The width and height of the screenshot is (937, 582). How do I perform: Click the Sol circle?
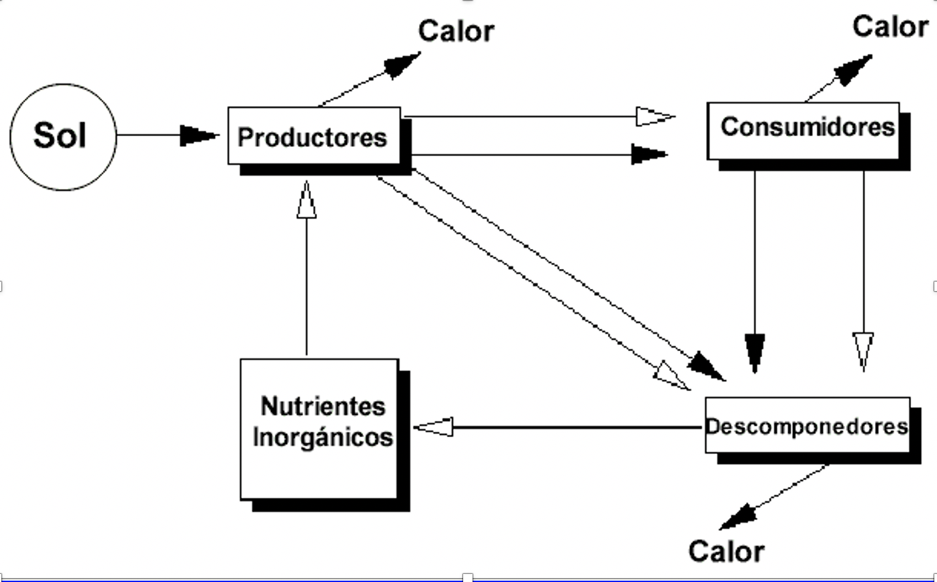(63, 137)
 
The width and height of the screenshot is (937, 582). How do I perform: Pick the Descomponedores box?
(808, 425)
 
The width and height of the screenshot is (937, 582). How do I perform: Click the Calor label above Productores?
(456, 31)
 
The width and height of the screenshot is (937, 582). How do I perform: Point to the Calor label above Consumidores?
(890, 27)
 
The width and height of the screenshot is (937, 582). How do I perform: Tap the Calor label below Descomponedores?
(726, 551)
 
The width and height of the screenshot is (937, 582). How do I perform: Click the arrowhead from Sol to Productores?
(198, 135)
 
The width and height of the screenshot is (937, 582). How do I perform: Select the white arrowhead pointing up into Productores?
(306, 200)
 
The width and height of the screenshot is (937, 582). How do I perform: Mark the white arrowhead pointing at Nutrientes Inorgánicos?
(434, 426)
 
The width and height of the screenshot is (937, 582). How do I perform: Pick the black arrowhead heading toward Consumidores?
(648, 154)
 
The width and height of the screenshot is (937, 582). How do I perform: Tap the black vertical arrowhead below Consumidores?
(755, 351)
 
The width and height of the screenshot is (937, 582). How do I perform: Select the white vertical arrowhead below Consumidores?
(864, 350)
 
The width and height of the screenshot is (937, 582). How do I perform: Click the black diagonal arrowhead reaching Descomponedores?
(705, 366)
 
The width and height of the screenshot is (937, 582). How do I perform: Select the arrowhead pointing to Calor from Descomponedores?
(739, 517)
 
